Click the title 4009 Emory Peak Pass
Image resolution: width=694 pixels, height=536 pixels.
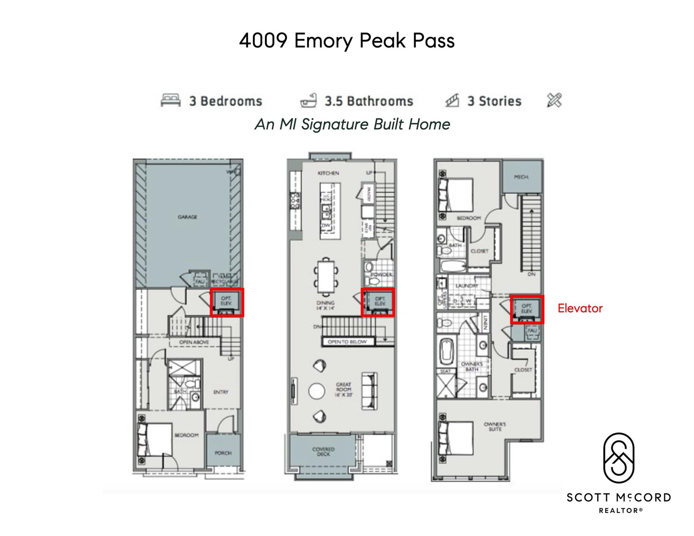click(x=347, y=40)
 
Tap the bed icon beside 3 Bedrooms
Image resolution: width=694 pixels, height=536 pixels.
click(x=170, y=100)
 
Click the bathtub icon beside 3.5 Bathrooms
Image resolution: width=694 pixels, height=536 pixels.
click(x=309, y=100)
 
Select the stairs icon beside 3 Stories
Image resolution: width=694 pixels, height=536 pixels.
click(x=452, y=100)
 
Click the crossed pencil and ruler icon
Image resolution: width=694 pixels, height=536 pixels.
click(x=554, y=100)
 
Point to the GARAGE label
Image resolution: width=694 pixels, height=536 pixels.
click(x=187, y=217)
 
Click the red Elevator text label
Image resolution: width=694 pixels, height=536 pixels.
click(x=580, y=308)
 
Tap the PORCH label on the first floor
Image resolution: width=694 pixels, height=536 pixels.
click(x=223, y=453)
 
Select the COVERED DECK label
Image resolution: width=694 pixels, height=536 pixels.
click(x=323, y=452)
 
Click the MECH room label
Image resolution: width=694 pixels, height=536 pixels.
click(x=521, y=177)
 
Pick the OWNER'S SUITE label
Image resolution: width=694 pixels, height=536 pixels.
click(x=495, y=426)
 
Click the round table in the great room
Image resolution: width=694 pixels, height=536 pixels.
click(x=317, y=391)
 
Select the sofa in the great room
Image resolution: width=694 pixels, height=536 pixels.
click(x=370, y=391)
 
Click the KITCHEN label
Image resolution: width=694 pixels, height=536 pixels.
click(x=328, y=173)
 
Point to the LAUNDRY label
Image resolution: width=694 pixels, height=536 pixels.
click(x=467, y=286)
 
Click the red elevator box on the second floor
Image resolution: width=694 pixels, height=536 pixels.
click(x=378, y=303)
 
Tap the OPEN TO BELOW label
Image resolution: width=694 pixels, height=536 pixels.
click(x=347, y=342)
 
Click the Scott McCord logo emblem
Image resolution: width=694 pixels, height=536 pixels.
click(x=619, y=459)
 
